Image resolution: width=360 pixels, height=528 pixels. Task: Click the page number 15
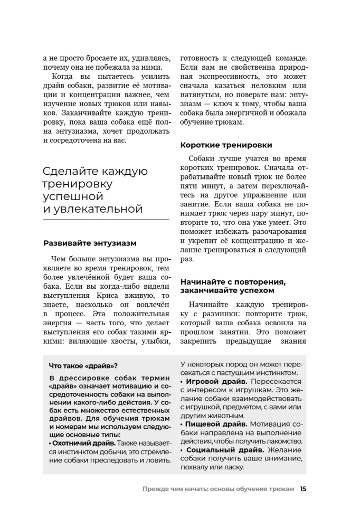coord(303,489)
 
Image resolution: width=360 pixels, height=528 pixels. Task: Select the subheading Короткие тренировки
coord(226,145)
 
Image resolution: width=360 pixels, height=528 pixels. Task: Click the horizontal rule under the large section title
coord(106,219)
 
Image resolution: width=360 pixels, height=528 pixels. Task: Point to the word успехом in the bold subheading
coord(262,290)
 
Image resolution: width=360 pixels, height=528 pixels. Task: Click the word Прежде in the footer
coord(156,489)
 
